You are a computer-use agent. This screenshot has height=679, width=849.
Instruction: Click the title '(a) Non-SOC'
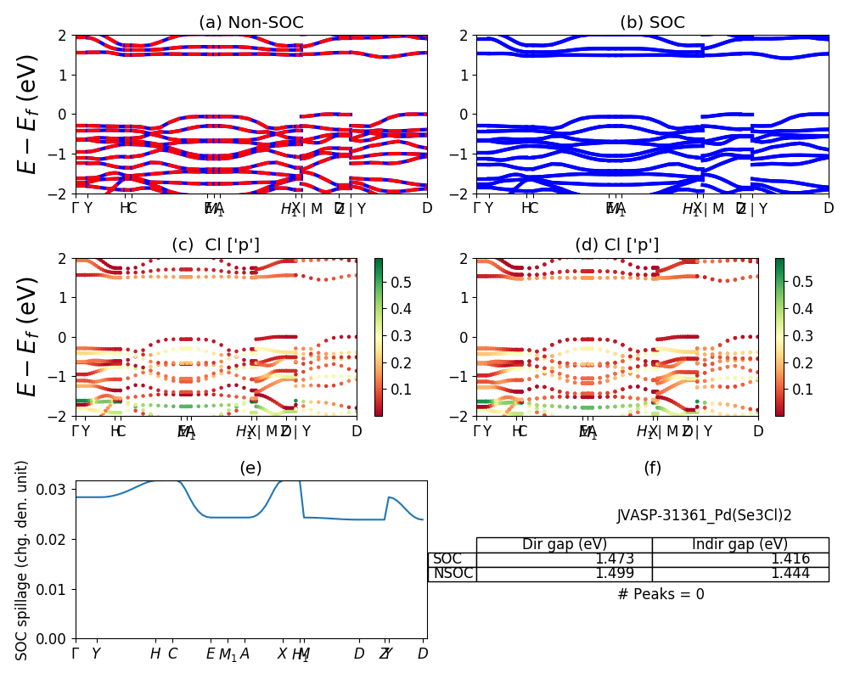(250, 23)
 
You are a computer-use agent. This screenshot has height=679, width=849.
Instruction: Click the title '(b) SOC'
(652, 23)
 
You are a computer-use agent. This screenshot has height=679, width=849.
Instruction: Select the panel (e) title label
(250, 468)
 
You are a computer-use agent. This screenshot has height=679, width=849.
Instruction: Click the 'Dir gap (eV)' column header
(564, 544)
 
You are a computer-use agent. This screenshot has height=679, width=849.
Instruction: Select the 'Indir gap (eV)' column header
(739, 544)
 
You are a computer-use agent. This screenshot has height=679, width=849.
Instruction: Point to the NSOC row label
(453, 574)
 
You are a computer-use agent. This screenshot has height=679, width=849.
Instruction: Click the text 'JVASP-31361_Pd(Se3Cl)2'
(704, 515)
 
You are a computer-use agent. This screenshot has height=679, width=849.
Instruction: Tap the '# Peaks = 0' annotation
(661, 594)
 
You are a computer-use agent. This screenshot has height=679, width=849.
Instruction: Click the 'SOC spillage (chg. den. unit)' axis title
(23, 560)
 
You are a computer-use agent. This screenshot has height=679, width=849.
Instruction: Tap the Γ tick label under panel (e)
(76, 654)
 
